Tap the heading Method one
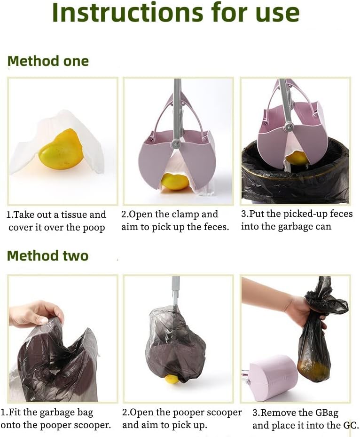click(48, 61)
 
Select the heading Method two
click(47, 255)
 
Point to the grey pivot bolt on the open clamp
click(175, 143)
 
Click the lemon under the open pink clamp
click(175, 182)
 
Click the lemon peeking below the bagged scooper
click(171, 379)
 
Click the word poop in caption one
click(94, 228)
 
